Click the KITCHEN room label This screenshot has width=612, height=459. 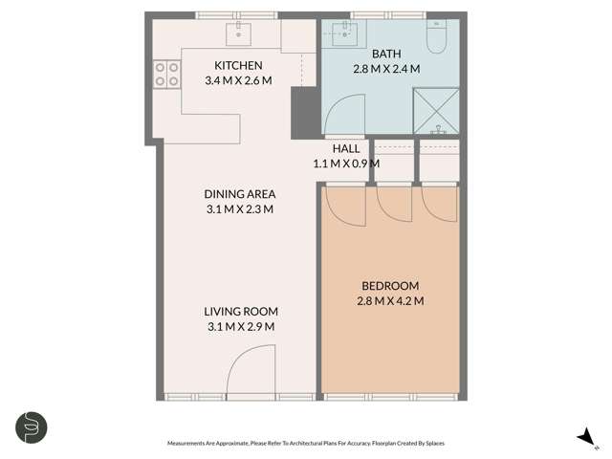[x=238, y=65]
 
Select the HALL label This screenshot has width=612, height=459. [x=346, y=149]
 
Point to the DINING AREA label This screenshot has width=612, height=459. [x=239, y=194]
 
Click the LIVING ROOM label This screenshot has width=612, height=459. [x=240, y=312]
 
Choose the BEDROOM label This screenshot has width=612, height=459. [x=390, y=286]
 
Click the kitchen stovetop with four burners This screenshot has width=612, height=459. [x=167, y=74]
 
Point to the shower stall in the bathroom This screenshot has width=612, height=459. [x=436, y=108]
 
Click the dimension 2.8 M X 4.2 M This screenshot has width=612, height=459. [x=390, y=301]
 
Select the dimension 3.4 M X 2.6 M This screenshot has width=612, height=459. [x=238, y=80]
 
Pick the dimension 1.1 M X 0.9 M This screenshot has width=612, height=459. [x=346, y=164]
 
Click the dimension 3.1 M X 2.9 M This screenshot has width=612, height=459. [x=240, y=327]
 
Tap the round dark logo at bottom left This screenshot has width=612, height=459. [x=32, y=426]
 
